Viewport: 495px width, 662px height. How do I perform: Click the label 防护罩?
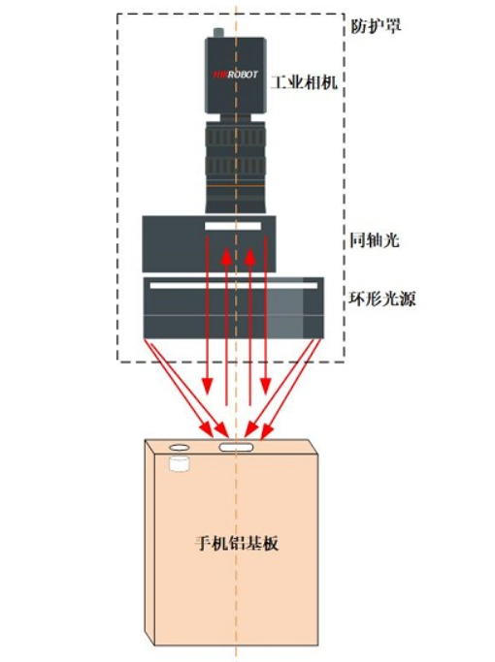[376, 26]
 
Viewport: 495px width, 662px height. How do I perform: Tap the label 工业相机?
[305, 81]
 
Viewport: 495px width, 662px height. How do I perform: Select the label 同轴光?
[374, 239]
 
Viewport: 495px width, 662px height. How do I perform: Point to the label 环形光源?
[382, 299]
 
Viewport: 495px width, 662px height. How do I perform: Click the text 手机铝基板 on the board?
[237, 543]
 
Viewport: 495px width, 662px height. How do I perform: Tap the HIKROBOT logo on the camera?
[235, 75]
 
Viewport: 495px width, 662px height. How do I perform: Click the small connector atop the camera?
[218, 33]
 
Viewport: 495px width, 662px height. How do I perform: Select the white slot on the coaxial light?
[233, 226]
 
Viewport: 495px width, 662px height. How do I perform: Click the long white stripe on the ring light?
[234, 285]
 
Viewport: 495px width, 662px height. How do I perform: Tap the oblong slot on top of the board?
[236, 447]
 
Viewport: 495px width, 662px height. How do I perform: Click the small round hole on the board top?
[180, 447]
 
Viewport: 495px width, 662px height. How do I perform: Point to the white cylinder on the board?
[180, 463]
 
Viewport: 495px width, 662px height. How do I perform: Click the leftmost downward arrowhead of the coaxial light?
[207, 386]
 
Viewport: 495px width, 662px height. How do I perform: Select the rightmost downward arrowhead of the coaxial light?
[266, 386]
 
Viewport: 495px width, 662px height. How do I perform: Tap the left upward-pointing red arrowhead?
[226, 256]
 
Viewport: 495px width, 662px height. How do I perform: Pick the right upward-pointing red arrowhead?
[249, 256]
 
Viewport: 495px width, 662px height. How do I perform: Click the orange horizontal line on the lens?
[235, 186]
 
